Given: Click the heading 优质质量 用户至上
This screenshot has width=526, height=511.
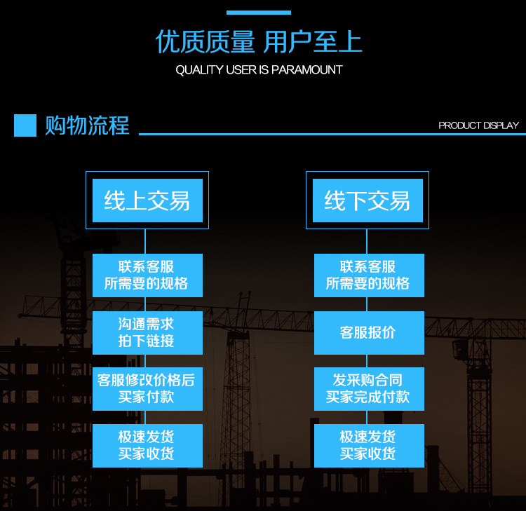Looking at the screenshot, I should click(258, 43).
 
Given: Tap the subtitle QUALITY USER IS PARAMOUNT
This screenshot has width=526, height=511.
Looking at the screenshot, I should click(259, 70).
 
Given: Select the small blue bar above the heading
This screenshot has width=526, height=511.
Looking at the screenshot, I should click(258, 13).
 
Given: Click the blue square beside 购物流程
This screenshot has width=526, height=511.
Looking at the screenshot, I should click(25, 125).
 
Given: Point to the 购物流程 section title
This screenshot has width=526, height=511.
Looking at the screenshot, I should click(87, 125).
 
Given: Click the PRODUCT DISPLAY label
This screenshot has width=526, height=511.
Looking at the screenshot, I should click(478, 125).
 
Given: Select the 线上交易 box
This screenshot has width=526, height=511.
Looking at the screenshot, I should click(147, 200).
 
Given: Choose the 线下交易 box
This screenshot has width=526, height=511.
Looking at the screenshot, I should click(367, 200).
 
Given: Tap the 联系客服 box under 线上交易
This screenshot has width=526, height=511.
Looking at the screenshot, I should click(147, 275).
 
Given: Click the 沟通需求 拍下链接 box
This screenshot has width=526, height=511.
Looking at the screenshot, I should click(147, 333).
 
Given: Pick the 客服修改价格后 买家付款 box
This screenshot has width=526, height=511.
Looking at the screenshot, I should click(147, 389).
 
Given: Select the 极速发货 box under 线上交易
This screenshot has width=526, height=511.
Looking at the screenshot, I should click(147, 446).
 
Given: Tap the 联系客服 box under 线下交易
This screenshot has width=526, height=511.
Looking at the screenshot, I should click(368, 275).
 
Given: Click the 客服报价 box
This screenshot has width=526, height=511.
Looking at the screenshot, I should click(368, 333).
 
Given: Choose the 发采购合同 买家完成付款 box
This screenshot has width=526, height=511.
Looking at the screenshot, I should click(368, 389).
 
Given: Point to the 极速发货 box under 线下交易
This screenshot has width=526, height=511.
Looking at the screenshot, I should click(368, 446).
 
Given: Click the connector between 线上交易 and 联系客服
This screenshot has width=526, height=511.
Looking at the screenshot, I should click(145, 241).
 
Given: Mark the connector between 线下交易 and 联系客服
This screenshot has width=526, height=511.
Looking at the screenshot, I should click(367, 241).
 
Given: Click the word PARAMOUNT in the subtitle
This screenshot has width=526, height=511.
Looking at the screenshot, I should click(311, 70).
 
